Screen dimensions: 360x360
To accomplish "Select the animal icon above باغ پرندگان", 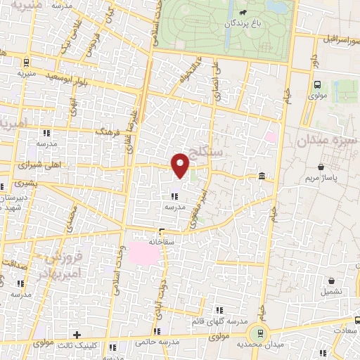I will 243,12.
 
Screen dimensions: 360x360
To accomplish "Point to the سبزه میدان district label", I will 328,141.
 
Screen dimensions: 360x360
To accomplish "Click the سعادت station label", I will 345,329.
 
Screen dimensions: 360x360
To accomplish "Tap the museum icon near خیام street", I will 262,176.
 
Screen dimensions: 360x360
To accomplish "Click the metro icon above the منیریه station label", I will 26,62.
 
